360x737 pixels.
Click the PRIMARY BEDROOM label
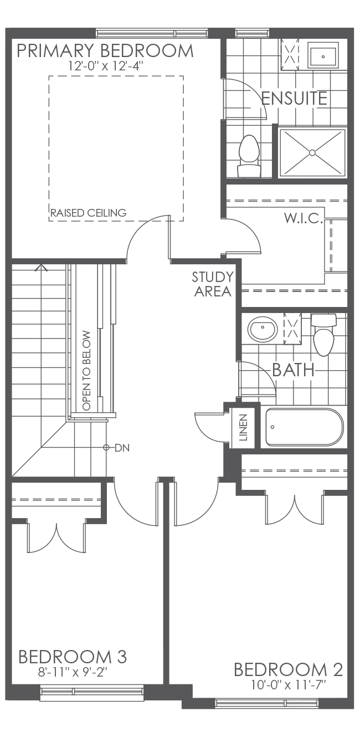(105, 51)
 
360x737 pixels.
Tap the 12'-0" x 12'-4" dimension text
(105, 66)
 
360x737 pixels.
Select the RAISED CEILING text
(88, 213)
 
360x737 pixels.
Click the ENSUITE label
(294, 99)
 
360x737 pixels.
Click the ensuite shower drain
(313, 152)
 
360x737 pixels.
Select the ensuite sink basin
(323, 55)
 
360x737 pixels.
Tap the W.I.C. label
(303, 218)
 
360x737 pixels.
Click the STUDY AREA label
(212, 284)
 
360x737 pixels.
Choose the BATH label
(293, 370)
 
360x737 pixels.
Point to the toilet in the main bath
(323, 334)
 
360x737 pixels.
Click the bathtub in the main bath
(304, 427)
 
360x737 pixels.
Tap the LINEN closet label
(243, 427)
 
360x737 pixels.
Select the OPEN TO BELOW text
(86, 371)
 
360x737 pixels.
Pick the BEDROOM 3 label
(73, 657)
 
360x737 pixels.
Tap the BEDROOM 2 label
(288, 669)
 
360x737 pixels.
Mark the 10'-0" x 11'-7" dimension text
(288, 685)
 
